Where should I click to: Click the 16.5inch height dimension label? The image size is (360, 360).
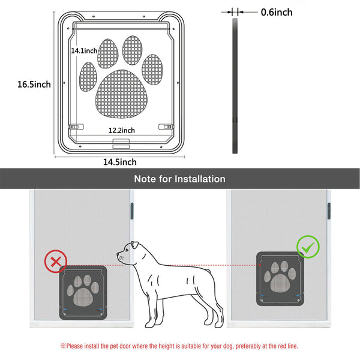[34, 84]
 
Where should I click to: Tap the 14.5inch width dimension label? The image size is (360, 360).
[120, 162]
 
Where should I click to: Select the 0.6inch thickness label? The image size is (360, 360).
[277, 12]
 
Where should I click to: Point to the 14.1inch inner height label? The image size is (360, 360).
[84, 50]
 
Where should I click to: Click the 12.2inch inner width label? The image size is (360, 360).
[122, 130]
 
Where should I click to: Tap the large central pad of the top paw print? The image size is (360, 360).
[121, 94]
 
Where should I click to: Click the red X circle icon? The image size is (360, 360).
[56, 262]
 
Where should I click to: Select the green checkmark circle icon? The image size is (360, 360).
[308, 247]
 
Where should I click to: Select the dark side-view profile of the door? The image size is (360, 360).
[235, 86]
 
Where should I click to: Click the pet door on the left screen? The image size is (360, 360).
[83, 293]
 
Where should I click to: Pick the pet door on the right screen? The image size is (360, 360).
[280, 279]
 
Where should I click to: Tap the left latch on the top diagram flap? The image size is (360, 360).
[76, 127]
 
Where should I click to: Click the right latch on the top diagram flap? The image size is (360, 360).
[166, 127]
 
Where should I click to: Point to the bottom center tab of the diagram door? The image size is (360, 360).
[121, 144]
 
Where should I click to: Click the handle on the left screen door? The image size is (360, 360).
[132, 211]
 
